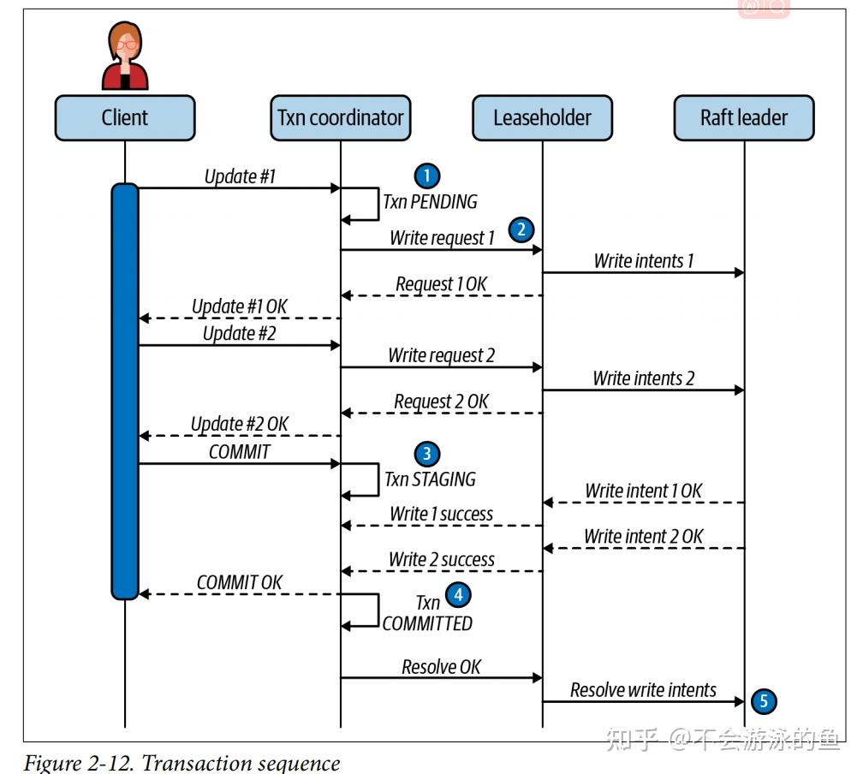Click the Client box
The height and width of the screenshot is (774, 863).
(125, 118)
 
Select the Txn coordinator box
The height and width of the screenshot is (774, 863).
(340, 118)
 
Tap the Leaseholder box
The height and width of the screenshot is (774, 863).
(542, 118)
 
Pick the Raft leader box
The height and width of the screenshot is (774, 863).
(744, 118)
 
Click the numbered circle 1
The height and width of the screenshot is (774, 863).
(427, 176)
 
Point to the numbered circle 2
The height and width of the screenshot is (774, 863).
(521, 229)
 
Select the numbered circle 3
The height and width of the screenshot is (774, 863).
(427, 454)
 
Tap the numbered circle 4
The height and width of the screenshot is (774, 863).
(458, 594)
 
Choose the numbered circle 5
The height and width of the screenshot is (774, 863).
(764, 701)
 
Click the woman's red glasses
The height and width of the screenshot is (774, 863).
(127, 45)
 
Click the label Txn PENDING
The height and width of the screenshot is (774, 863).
(431, 202)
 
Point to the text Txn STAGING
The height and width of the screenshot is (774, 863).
(431, 479)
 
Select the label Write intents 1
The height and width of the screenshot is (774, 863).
(644, 261)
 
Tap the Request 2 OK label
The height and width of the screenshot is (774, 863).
(442, 402)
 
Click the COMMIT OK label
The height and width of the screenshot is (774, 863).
(240, 582)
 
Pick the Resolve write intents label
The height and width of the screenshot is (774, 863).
(644, 690)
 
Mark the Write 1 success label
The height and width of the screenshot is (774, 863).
(442, 515)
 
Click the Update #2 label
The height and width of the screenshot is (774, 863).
(240, 334)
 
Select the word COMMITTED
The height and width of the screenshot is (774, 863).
(428, 623)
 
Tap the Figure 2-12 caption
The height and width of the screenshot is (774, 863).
(182, 763)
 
